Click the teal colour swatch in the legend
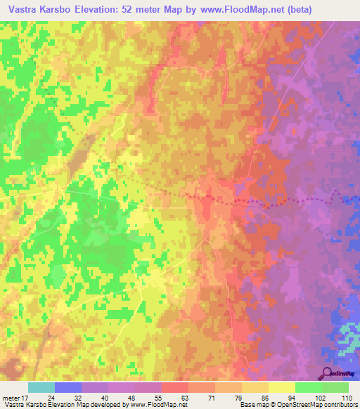(x=41, y=387)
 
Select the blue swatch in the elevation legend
(x=68, y=387)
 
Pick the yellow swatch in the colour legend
(x=282, y=387)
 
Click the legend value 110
(x=347, y=397)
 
